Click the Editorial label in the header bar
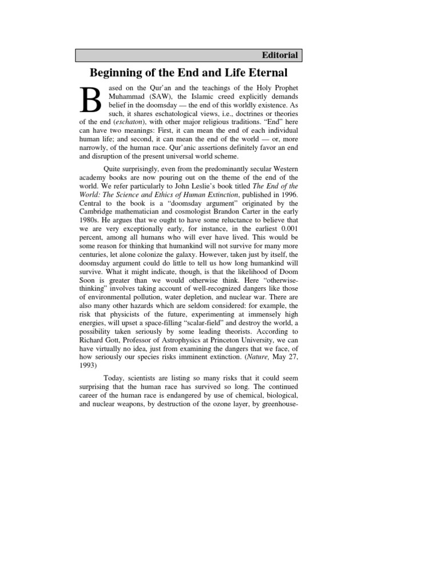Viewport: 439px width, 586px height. pyautogui.click(x=279, y=56)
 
